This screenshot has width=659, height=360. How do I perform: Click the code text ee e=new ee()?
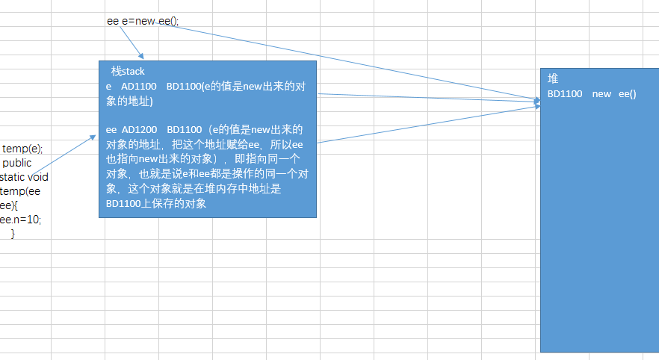pos(143,21)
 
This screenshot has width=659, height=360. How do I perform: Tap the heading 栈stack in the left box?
pos(128,72)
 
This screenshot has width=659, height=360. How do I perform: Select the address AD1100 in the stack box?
pos(139,87)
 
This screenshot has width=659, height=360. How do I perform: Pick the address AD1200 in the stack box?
pos(139,130)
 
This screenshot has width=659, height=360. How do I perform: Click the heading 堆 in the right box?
pos(553,78)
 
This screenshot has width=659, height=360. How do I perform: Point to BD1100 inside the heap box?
pos(565,94)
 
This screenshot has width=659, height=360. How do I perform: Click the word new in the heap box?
pos(601,94)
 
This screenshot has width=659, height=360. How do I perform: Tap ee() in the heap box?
pos(627,94)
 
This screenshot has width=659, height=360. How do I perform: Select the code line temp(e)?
pos(22,149)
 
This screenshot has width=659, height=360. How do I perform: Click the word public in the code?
pos(16,163)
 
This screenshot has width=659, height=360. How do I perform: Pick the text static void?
pos(24,177)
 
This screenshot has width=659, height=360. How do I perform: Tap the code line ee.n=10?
pos(21,220)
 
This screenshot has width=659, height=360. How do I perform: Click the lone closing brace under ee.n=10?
pos(13,234)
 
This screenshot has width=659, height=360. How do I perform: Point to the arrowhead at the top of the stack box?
pos(142,56)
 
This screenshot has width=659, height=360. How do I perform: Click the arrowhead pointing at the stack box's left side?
pos(93,137)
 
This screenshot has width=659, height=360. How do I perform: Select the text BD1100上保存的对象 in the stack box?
pos(156,204)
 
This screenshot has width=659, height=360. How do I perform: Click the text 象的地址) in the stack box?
pos(129,102)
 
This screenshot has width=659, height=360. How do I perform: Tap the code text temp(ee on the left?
pos(20,191)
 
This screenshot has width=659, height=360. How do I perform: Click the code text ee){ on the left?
pos(9,205)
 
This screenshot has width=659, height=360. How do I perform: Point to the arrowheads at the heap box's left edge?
pos(537,103)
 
